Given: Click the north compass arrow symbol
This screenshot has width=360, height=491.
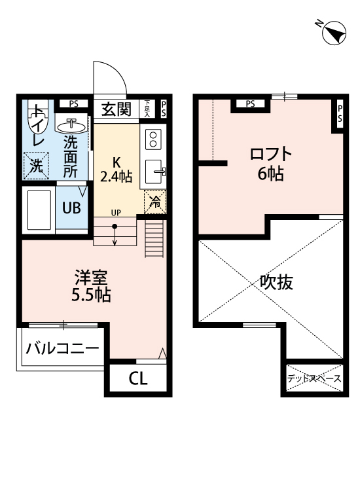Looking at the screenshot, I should tap(334, 33).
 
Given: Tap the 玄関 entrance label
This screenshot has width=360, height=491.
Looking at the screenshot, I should tap(117, 109).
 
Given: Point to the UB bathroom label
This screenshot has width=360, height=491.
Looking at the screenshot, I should tap(71, 208).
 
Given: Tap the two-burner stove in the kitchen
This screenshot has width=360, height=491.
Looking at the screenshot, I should tap(154, 139).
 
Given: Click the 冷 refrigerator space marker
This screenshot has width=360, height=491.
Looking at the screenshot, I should tap(154, 202).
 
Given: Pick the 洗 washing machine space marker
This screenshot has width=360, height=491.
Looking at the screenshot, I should tap(37, 166).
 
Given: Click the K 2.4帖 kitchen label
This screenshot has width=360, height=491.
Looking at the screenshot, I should tap(117, 169).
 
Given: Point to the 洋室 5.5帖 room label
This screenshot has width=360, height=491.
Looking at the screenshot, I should tap(91, 286).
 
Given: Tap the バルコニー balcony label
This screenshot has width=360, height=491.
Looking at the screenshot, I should tap(62, 348).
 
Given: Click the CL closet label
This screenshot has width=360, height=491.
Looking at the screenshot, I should tap(137, 378).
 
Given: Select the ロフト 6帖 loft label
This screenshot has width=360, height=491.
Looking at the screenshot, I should tap(270, 164).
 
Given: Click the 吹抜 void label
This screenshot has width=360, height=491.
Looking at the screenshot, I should tap(276, 282).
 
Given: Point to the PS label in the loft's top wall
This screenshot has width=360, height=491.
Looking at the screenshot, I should tap(249, 103).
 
